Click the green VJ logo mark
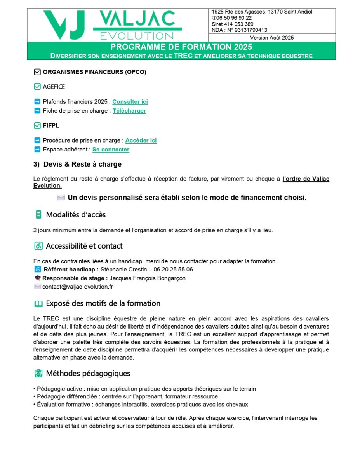pyautogui.click(x=64, y=24)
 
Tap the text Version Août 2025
pyautogui.click(x=272, y=38)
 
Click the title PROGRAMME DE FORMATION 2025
pyautogui.click(x=181, y=47)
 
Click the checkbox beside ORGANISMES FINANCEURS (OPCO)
pyautogui.click(x=37, y=72)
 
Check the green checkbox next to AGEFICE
pyautogui.click(x=37, y=87)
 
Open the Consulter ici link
pyautogui.click(x=130, y=102)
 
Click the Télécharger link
pyautogui.click(x=129, y=111)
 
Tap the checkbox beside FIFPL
pyautogui.click(x=37, y=125)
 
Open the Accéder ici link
pyautogui.click(x=141, y=141)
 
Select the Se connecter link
pyautogui.click(x=111, y=150)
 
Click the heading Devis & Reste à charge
pyautogui.click(x=82, y=164)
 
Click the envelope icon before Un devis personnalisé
pyautogui.click(x=61, y=198)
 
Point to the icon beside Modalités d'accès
pyautogui.click(x=38, y=215)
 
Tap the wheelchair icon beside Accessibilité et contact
pyautogui.click(x=38, y=246)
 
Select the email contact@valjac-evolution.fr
pyautogui.click(x=78, y=287)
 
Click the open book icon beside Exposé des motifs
pyautogui.click(x=38, y=304)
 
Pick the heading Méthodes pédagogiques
pyautogui.click(x=88, y=374)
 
